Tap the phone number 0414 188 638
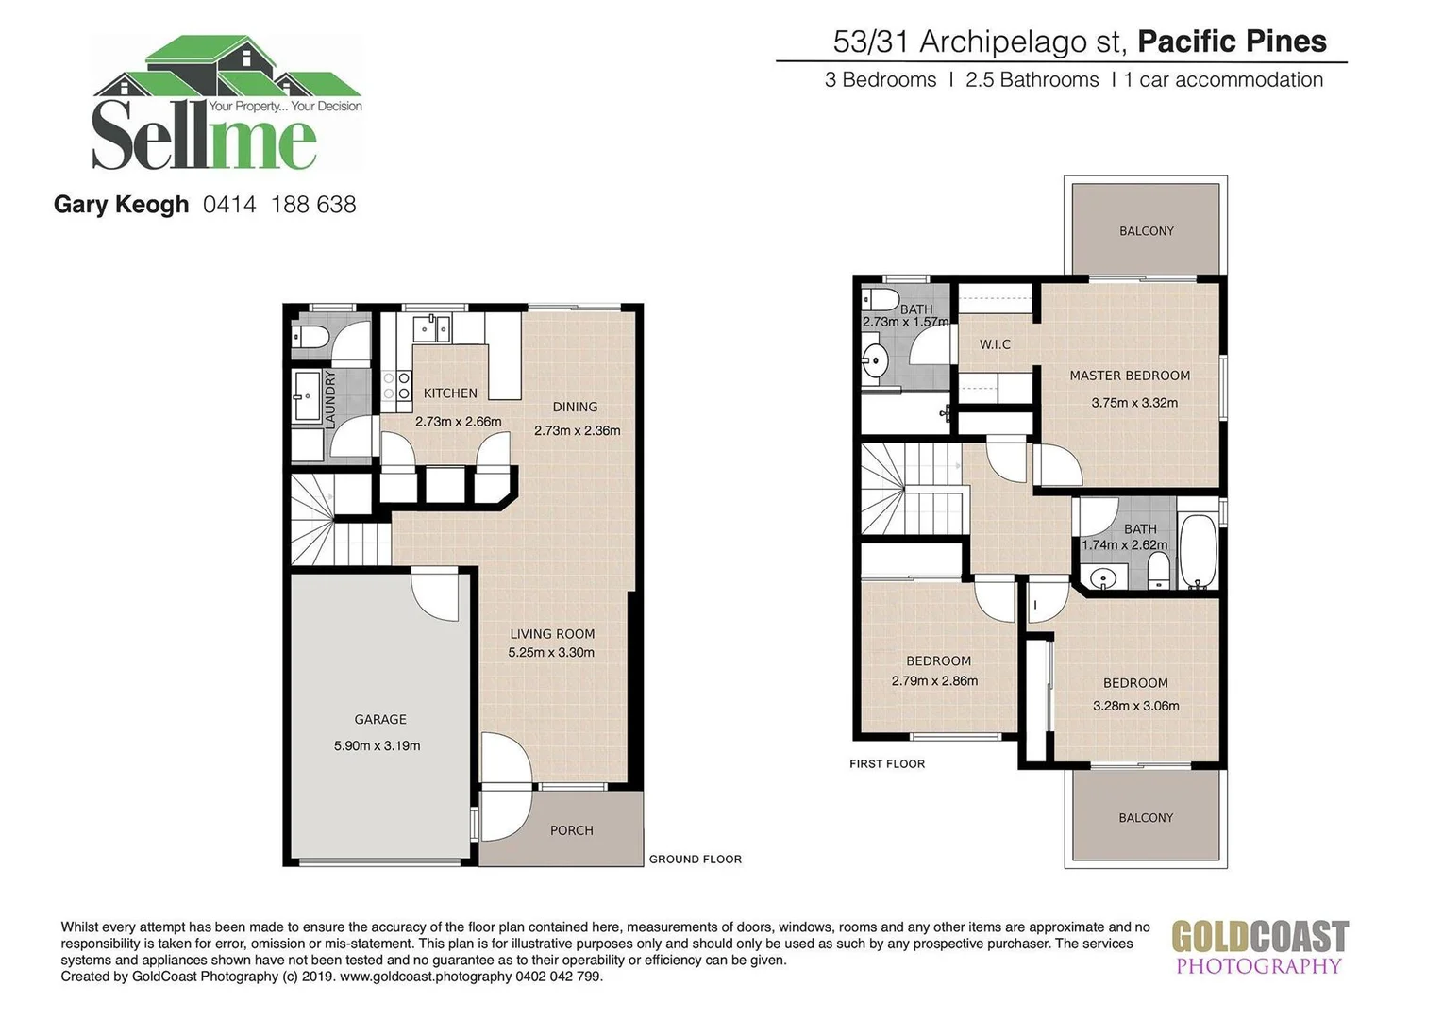click(x=279, y=205)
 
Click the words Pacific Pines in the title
click(x=1232, y=42)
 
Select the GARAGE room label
click(x=380, y=720)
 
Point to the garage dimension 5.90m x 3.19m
click(x=377, y=745)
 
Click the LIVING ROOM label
click(x=552, y=634)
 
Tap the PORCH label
click(x=572, y=830)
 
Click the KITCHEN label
click(x=450, y=393)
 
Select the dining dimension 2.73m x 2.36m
click(x=577, y=430)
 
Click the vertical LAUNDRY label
click(x=330, y=400)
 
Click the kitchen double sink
click(x=432, y=327)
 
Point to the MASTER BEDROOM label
click(x=1129, y=376)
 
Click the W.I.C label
click(x=995, y=344)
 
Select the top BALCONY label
click(x=1146, y=231)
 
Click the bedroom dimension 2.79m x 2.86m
click(x=934, y=680)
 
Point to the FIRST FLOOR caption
click(x=887, y=763)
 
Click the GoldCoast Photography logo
click(x=1259, y=947)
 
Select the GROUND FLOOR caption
click(x=695, y=860)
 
